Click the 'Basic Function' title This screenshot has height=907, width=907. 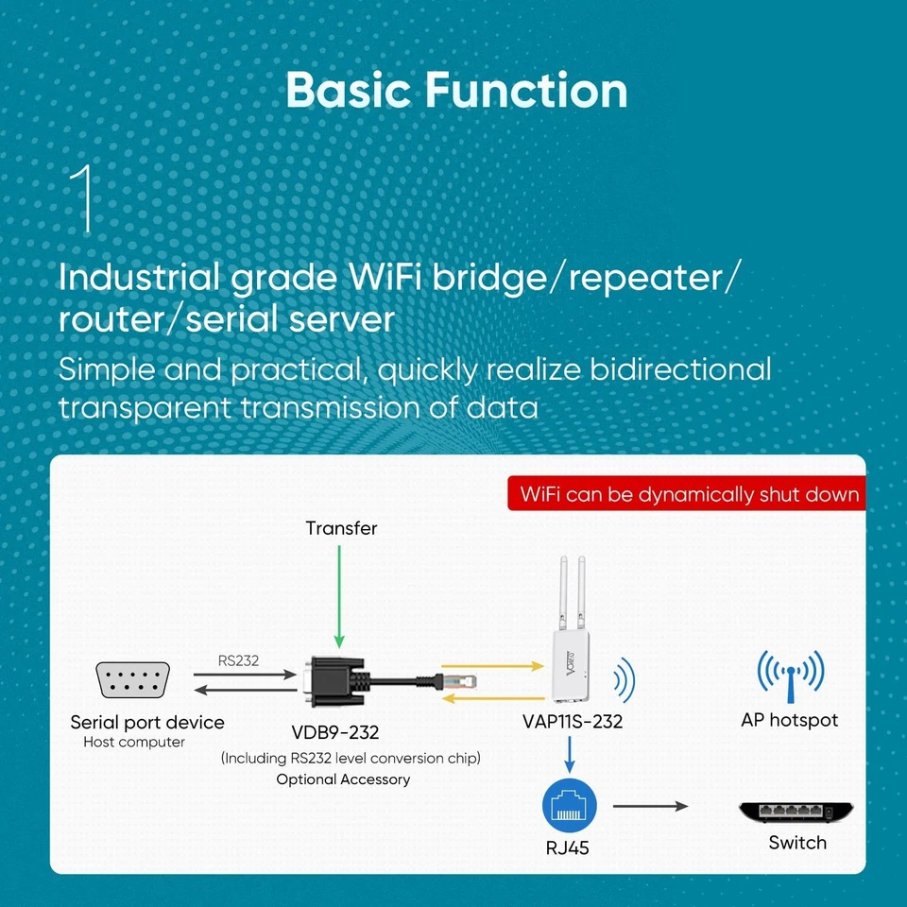click(x=456, y=91)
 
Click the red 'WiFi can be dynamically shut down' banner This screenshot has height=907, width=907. click(x=689, y=494)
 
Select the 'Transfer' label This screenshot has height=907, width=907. click(x=341, y=528)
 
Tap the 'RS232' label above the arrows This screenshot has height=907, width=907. click(x=238, y=660)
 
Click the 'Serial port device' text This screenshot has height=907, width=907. click(x=147, y=723)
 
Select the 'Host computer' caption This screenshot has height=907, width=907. click(x=134, y=743)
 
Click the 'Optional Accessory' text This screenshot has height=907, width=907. click(x=343, y=779)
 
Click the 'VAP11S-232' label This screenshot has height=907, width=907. click(x=573, y=723)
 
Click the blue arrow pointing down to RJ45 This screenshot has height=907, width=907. click(x=568, y=754)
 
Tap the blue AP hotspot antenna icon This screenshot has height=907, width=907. click(x=790, y=671)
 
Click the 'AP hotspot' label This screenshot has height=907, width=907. click(x=790, y=721)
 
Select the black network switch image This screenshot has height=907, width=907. click(x=796, y=812)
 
